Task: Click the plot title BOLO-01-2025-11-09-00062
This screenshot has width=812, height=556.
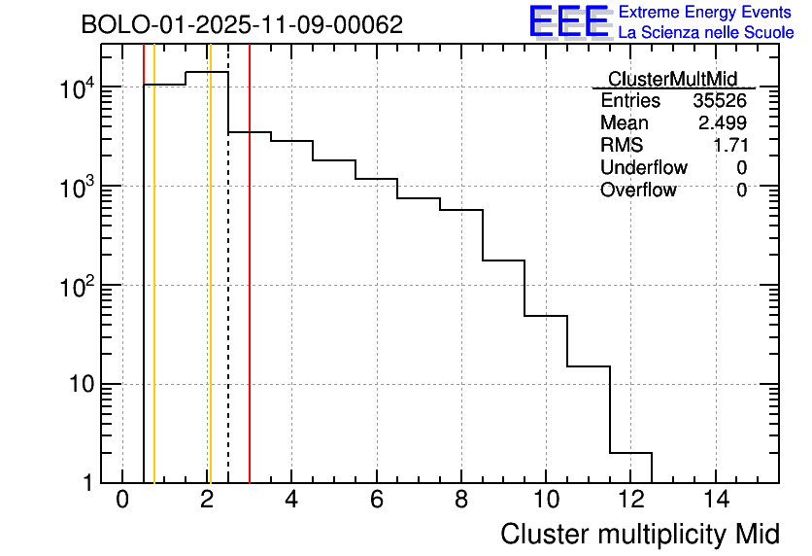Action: pyautogui.click(x=242, y=25)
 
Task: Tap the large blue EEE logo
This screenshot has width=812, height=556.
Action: pyautogui.click(x=568, y=21)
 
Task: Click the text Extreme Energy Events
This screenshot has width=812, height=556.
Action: pyautogui.click(x=706, y=13)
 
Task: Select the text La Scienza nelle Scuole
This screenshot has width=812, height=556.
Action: pyautogui.click(x=706, y=33)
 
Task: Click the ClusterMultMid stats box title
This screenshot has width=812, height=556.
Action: pyautogui.click(x=672, y=79)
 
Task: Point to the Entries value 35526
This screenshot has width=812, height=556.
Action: pyautogui.click(x=720, y=101)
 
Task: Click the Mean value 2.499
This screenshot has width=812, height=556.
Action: pyautogui.click(x=723, y=123)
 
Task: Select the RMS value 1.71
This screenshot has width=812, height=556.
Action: pyautogui.click(x=729, y=146)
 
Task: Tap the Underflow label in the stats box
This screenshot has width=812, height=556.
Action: pyautogui.click(x=644, y=168)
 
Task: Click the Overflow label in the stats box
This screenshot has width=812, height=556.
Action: pyautogui.click(x=638, y=191)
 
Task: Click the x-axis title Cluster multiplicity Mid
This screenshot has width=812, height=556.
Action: pyautogui.click(x=639, y=534)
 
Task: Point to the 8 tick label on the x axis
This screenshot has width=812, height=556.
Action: pyautogui.click(x=461, y=501)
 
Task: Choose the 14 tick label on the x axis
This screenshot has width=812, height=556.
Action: pyautogui.click(x=715, y=501)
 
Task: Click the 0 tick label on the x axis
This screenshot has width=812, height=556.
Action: pyautogui.click(x=122, y=501)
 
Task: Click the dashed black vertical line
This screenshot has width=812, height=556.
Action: pyautogui.click(x=228, y=292)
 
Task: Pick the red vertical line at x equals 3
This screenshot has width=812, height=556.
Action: pyautogui.click(x=250, y=292)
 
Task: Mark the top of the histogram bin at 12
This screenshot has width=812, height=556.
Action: pyautogui.click(x=630, y=453)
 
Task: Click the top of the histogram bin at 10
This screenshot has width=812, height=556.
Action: pyautogui.click(x=546, y=316)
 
